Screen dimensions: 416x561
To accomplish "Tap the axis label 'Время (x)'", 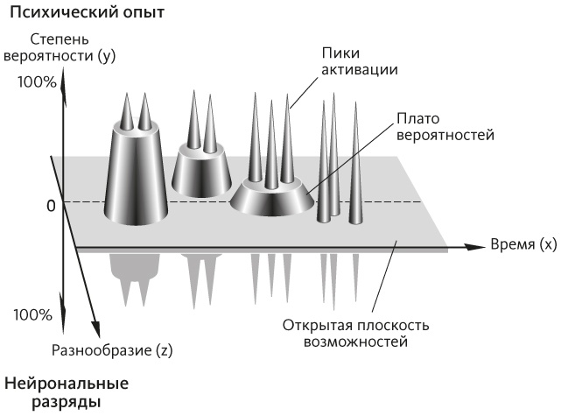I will (x=522, y=244).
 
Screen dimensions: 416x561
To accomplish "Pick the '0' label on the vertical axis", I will (x=52, y=205).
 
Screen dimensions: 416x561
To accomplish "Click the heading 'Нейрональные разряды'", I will (x=66, y=392).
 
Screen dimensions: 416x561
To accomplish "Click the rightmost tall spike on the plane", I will (x=355, y=171).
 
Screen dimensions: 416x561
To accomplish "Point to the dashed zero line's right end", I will (x=421, y=202).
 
